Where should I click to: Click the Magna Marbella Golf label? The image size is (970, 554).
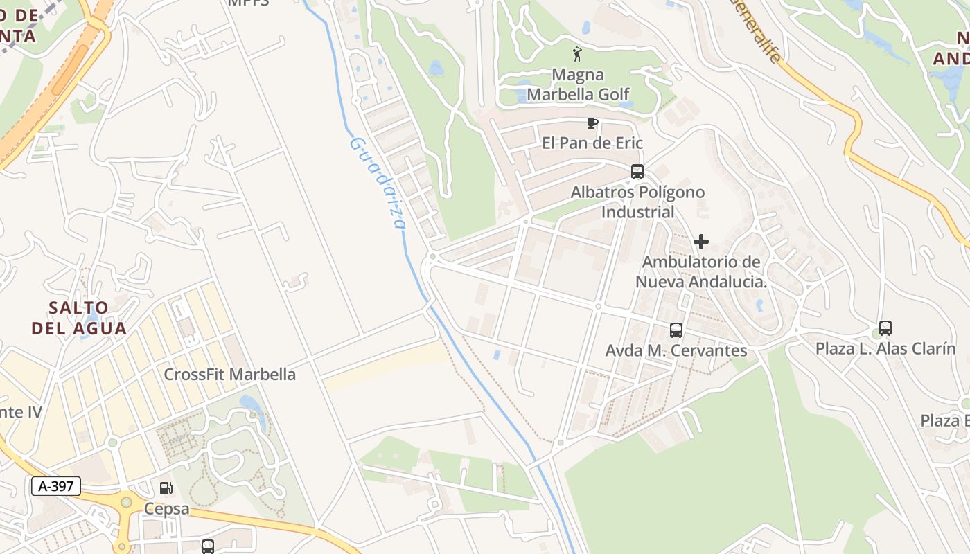point(578,84)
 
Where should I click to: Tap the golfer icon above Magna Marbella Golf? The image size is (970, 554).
point(577,53)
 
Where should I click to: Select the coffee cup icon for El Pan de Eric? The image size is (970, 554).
point(592,123)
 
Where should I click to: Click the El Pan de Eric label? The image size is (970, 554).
point(592,143)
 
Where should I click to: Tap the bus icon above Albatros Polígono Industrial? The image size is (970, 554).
point(637,172)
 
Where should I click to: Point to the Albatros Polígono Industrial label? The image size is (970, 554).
point(637,202)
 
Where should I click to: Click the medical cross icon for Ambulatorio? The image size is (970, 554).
point(700,242)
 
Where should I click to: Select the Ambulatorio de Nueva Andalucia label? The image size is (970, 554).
point(701,272)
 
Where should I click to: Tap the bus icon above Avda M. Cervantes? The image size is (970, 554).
point(676,330)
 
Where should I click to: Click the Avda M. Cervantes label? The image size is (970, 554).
point(676,351)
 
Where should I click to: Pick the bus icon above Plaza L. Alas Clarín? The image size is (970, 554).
point(885,328)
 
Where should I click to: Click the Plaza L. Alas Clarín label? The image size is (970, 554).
point(885,348)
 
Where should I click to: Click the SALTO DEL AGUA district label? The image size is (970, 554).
point(79,318)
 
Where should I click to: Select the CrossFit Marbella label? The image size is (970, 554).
point(229,375)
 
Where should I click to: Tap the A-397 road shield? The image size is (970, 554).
point(56,486)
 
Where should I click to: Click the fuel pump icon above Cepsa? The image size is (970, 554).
point(166,488)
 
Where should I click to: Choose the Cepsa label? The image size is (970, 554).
point(166,509)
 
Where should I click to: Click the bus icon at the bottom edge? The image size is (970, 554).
point(207,546)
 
